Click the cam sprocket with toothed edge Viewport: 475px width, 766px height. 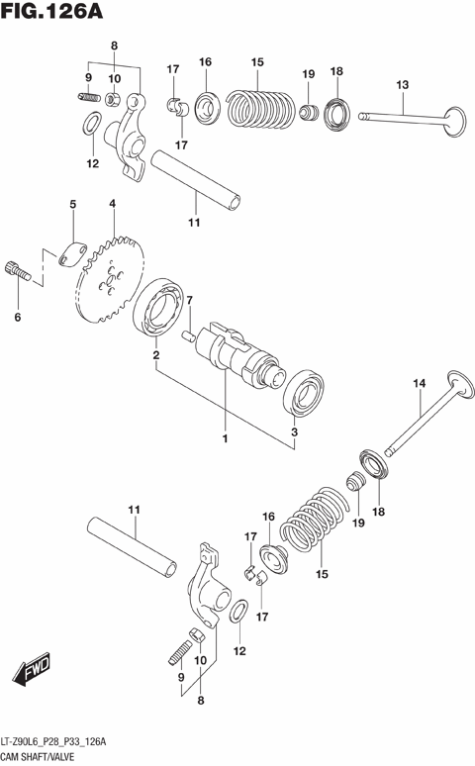111,277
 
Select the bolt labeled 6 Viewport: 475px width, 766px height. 15,268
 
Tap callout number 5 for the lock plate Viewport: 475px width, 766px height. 72,205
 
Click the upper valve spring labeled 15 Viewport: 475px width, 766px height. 258,105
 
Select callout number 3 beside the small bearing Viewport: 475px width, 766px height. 294,432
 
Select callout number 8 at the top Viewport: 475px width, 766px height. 113,47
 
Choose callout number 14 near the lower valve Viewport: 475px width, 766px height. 419,383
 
